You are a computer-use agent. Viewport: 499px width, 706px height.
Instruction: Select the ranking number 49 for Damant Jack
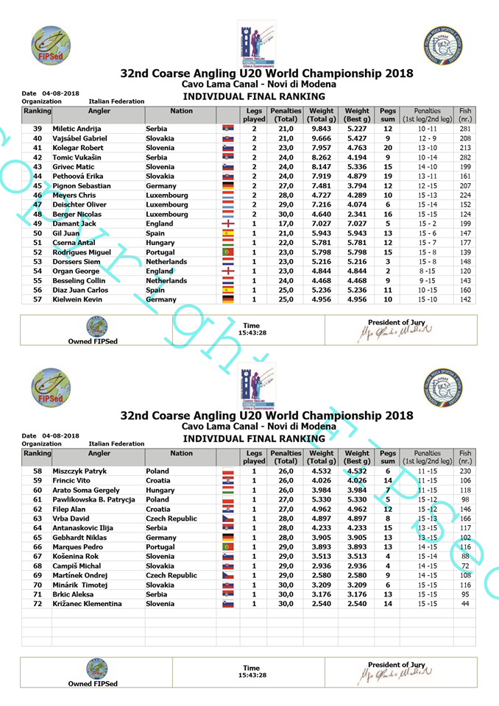click(x=37, y=224)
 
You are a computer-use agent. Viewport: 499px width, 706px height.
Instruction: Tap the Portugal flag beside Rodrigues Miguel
click(x=227, y=252)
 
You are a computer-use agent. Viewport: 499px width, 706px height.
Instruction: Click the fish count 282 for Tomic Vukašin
click(x=465, y=157)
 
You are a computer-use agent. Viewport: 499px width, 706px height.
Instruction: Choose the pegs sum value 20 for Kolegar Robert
click(x=387, y=148)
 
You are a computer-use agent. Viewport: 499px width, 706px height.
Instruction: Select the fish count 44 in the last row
click(x=465, y=603)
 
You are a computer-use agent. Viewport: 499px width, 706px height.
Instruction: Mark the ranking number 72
click(x=37, y=603)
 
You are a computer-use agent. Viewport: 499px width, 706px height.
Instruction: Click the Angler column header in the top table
click(x=99, y=111)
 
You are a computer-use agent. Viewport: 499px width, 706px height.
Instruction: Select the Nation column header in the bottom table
click(x=181, y=453)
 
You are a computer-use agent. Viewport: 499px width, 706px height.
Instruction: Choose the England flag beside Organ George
click(x=227, y=271)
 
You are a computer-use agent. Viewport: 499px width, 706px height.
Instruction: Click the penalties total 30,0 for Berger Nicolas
click(x=285, y=214)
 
